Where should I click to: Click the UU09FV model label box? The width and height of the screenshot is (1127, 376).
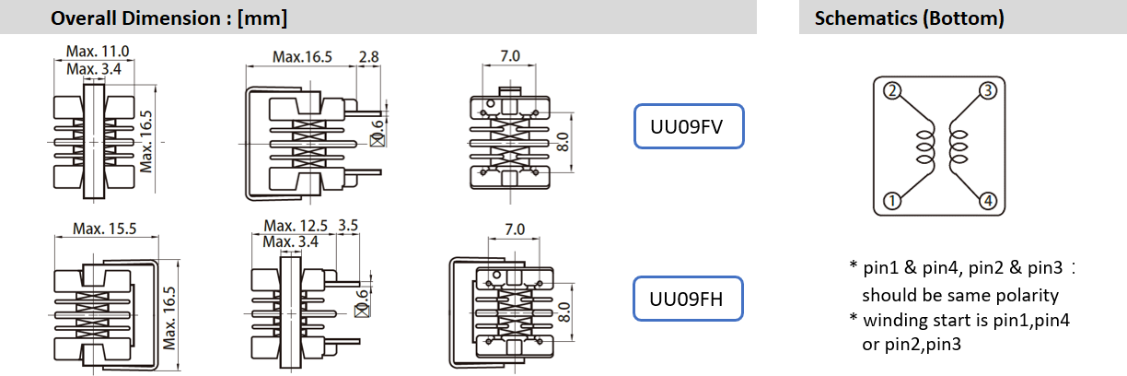pyautogui.click(x=689, y=127)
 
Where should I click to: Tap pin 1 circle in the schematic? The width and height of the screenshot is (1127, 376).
pyautogui.click(x=891, y=200)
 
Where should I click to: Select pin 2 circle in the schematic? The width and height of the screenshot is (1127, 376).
pyautogui.click(x=891, y=90)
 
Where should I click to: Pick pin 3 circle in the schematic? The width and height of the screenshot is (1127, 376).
pyautogui.click(x=988, y=90)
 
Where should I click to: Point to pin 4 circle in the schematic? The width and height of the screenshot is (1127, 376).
pyautogui.click(x=988, y=200)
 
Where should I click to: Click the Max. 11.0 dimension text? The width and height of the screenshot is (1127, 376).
pyautogui.click(x=98, y=52)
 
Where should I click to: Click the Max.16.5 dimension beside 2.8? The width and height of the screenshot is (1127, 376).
pyautogui.click(x=302, y=57)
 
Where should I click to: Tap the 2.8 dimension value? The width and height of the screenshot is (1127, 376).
pyautogui.click(x=368, y=57)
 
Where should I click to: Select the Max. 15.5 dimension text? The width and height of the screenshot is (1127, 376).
pyautogui.click(x=105, y=228)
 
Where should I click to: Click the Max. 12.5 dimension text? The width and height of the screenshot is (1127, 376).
pyautogui.click(x=296, y=226)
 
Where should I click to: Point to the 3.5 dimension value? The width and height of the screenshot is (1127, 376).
pyautogui.click(x=349, y=226)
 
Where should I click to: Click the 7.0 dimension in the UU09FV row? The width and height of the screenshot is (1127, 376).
pyautogui.click(x=510, y=56)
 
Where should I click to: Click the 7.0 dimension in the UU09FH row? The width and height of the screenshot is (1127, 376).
pyautogui.click(x=515, y=229)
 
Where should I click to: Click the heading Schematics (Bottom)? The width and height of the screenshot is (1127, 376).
pyautogui.click(x=909, y=18)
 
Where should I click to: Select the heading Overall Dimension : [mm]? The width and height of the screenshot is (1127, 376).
pyautogui.click(x=168, y=18)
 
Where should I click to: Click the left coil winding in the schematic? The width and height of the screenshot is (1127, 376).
pyautogui.click(x=922, y=146)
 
